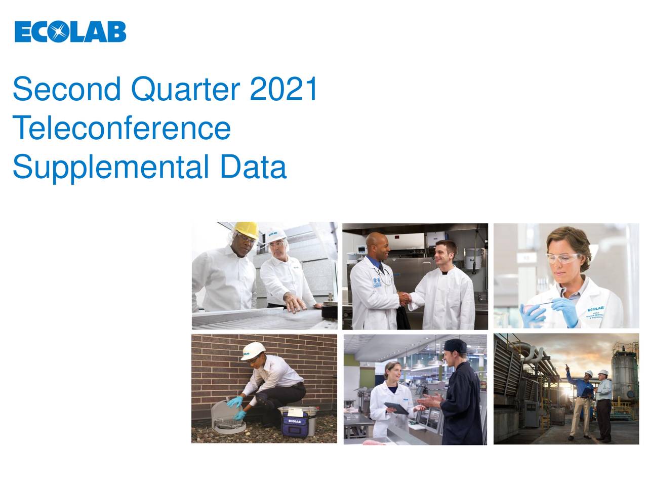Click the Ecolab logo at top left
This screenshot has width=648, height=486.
pos(70,31)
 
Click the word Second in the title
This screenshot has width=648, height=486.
pos(66,89)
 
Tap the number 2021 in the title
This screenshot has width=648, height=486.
pos(283,89)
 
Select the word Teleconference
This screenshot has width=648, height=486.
pos(121,128)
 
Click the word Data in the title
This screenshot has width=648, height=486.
pos(253,168)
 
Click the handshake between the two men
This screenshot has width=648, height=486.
pos(404,298)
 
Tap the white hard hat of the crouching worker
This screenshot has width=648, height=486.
pos(252,349)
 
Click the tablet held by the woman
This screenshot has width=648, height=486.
pos(396,408)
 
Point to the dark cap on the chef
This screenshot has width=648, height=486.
pos(455,347)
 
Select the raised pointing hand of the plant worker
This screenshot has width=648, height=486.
pos(567,368)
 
